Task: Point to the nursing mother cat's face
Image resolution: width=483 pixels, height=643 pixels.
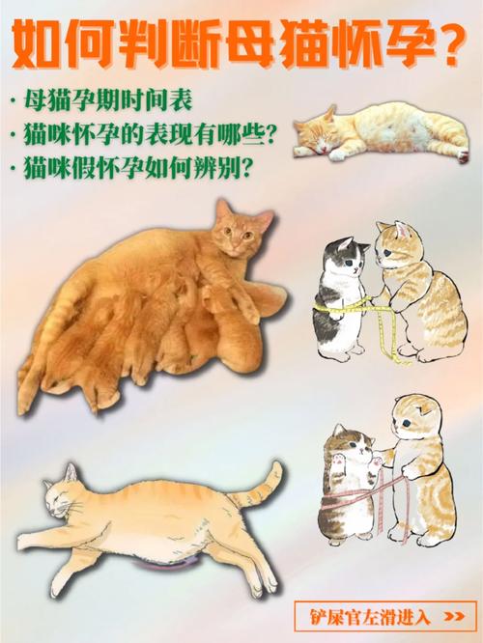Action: tap(233, 238)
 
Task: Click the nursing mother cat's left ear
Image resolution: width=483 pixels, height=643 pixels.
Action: tap(221, 210)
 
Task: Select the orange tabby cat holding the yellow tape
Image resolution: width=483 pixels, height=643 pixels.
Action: tap(415, 290)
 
